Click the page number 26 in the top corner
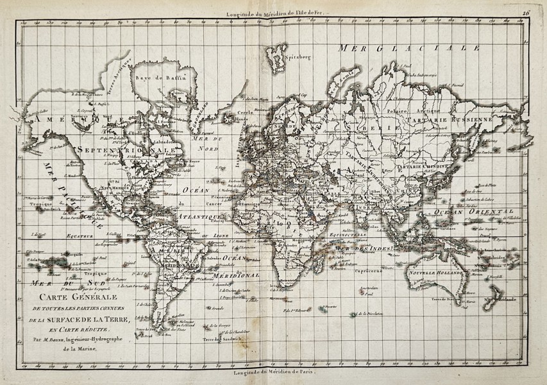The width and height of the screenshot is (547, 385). (x=525, y=13)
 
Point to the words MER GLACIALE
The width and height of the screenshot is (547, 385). (x=410, y=49)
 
